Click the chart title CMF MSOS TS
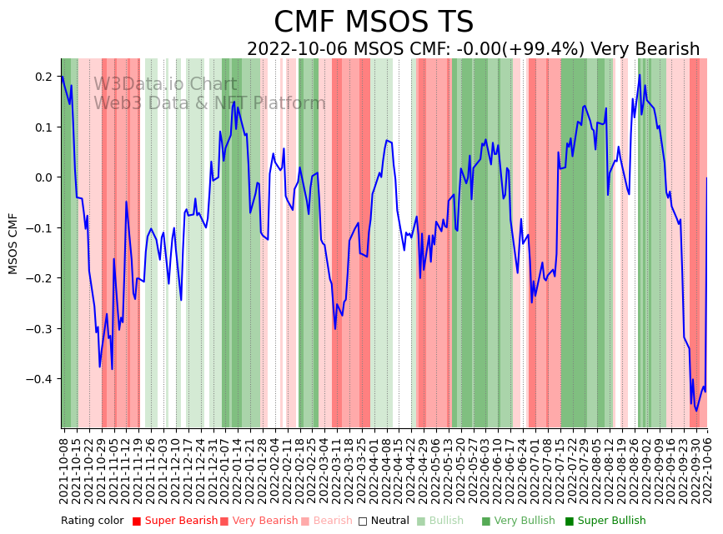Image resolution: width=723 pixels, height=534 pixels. [374, 22]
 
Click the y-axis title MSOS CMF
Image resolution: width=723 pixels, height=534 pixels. [13, 243]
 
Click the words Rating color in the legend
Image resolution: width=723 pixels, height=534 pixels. [93, 521]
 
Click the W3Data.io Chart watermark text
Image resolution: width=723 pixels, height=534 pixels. [165, 84]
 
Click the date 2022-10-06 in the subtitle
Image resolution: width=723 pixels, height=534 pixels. [297, 49]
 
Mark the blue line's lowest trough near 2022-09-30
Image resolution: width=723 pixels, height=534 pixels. [696, 410]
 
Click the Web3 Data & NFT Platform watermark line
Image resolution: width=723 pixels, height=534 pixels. [209, 103]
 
